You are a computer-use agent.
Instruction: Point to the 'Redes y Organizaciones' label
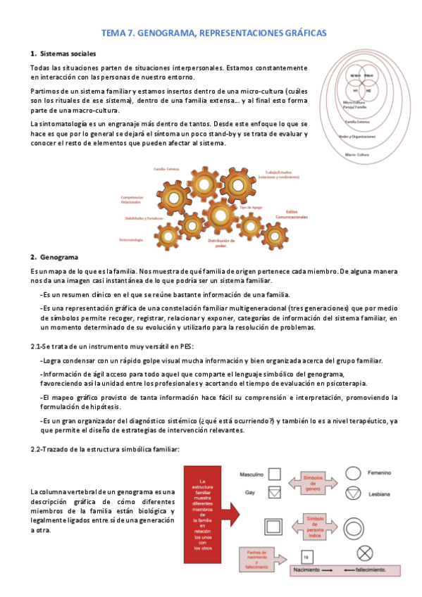(358, 137)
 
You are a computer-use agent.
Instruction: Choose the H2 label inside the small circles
(367, 91)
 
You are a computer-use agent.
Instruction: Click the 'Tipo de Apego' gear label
(250, 207)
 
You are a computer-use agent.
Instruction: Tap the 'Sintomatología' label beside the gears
(132, 241)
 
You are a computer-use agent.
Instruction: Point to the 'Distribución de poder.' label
(217, 243)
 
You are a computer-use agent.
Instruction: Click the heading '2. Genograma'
(54, 256)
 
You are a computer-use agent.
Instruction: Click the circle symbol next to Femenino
(352, 455)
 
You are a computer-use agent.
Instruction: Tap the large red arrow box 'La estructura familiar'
(211, 495)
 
